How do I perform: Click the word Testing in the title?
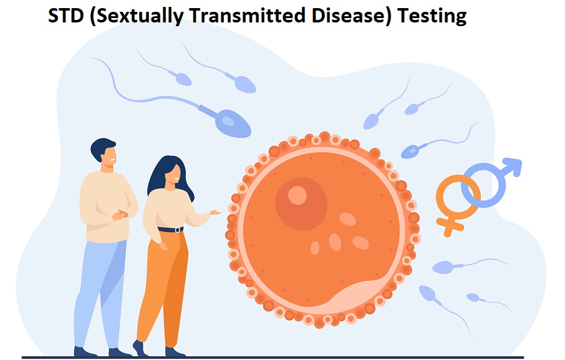432,16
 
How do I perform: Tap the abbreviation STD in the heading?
65,16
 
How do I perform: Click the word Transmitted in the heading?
247,16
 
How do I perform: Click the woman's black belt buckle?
177,230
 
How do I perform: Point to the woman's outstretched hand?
215,213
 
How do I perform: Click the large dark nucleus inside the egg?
301,203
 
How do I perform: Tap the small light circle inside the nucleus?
297,195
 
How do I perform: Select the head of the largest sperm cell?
233,124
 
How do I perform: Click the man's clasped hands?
120,215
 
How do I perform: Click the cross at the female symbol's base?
449,227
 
